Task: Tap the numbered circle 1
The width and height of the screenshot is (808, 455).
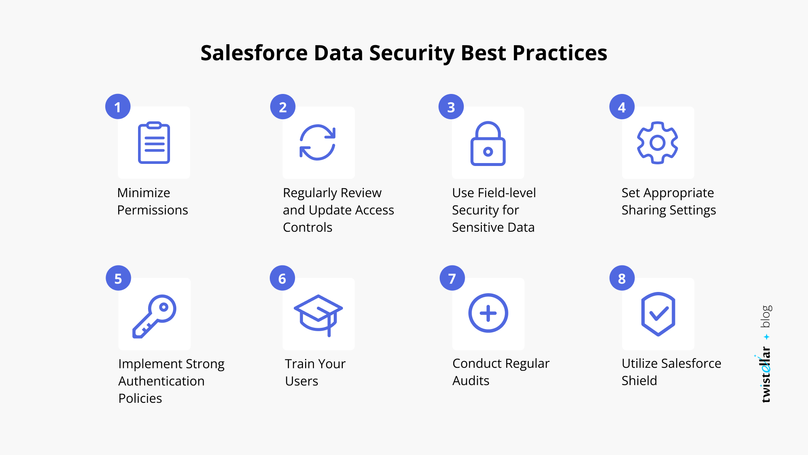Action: coord(118,107)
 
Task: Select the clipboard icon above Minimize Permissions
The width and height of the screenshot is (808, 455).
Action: coord(154,143)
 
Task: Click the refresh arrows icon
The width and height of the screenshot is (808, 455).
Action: coord(318,142)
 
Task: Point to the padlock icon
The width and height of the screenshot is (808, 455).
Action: coord(488,144)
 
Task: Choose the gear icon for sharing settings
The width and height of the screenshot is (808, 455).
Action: coord(657,143)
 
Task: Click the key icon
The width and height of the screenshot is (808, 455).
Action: coord(154,316)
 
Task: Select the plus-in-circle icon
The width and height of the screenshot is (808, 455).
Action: coord(488,313)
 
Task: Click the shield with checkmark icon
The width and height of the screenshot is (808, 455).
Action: coord(658,314)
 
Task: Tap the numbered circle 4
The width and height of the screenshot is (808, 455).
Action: coord(622,107)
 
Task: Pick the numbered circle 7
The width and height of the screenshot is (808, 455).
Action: coord(452,278)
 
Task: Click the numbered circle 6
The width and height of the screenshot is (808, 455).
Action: coord(282,278)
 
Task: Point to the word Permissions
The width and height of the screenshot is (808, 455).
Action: coord(152,210)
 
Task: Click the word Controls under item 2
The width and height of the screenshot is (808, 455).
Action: coord(307,227)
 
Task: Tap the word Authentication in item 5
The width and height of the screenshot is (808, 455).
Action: coord(161,381)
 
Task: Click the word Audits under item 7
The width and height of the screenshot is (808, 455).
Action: coord(470,381)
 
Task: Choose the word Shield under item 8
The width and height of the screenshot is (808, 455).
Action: coord(639,381)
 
